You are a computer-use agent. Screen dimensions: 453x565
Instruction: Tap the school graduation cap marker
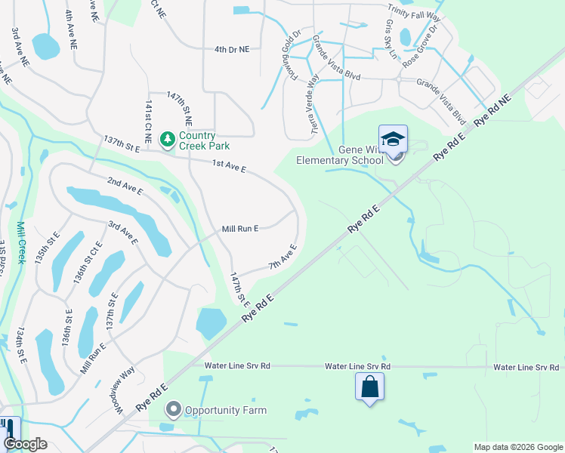pyautogui.click(x=393, y=140)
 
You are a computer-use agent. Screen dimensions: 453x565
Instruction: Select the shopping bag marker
pyautogui.click(x=369, y=388)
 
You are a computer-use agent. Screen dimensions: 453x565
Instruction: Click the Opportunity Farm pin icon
pyautogui.click(x=173, y=410)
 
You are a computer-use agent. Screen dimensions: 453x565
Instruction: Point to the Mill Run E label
pyautogui.click(x=240, y=228)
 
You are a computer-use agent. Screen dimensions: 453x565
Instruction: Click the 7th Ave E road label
pyautogui.click(x=282, y=257)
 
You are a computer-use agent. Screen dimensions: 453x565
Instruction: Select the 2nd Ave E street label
pyautogui.click(x=124, y=186)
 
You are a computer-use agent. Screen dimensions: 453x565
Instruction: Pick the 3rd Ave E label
pyautogui.click(x=122, y=233)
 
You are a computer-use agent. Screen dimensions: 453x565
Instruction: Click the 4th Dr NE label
pyautogui.click(x=231, y=48)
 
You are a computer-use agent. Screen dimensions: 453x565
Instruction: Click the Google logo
pyautogui.click(x=25, y=444)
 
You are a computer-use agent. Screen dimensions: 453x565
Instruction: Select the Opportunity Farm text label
pyautogui.click(x=226, y=410)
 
